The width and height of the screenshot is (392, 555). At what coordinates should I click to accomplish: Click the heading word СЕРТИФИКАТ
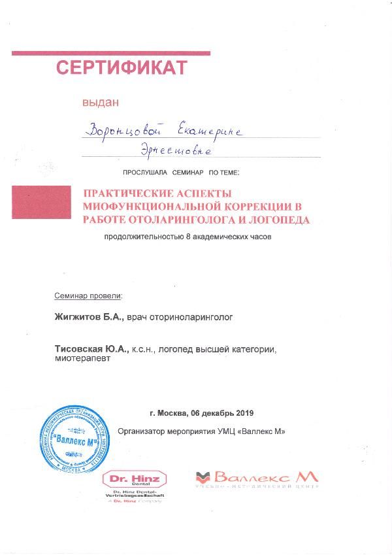click(x=122, y=67)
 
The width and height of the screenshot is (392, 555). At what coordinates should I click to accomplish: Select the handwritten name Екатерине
click(x=210, y=131)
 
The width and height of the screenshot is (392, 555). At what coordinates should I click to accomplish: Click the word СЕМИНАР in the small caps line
click(x=189, y=173)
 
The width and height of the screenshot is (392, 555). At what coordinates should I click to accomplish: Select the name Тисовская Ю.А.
click(x=91, y=350)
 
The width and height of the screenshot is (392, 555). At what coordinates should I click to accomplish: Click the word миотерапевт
click(x=83, y=360)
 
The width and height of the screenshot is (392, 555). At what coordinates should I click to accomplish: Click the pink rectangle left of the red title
click(x=41, y=201)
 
